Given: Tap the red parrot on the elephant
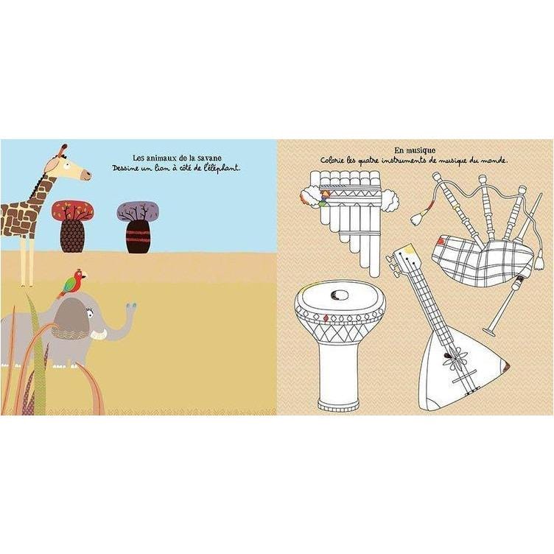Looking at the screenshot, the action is tap(72, 284).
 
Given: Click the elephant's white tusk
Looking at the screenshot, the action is tap(99, 334).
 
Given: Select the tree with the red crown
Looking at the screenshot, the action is tap(72, 226).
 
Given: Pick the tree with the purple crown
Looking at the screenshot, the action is tap(138, 227).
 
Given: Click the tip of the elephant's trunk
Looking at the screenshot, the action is tap(131, 305).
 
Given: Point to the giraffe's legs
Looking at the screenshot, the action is tap(27, 261).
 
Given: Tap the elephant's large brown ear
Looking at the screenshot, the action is tap(71, 319).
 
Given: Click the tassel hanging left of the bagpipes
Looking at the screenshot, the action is tap(416, 218).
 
